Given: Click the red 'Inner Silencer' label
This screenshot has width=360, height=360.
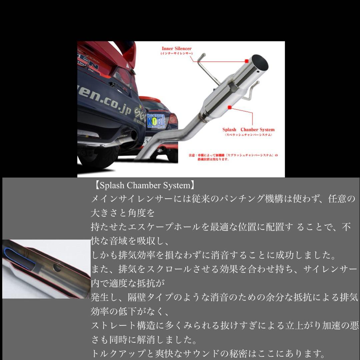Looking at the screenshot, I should pyautogui.click(x=176, y=49).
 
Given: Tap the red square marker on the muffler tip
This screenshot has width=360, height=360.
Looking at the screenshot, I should pyautogui.click(x=246, y=61).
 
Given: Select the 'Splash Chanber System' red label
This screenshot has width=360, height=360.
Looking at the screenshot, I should pyautogui.click(x=248, y=130).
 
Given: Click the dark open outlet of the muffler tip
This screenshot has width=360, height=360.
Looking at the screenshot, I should pyautogui.click(x=261, y=62).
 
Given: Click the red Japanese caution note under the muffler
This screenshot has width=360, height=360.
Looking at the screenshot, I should pyautogui.click(x=233, y=157).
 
